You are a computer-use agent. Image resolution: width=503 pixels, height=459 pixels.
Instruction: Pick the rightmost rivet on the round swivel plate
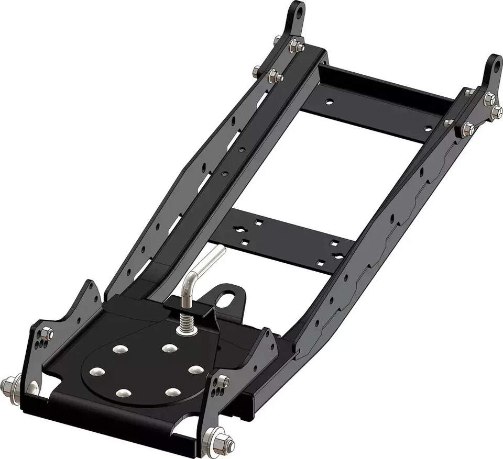tap(195, 370)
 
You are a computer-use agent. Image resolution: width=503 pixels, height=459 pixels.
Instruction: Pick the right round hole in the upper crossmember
tap(429, 128)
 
